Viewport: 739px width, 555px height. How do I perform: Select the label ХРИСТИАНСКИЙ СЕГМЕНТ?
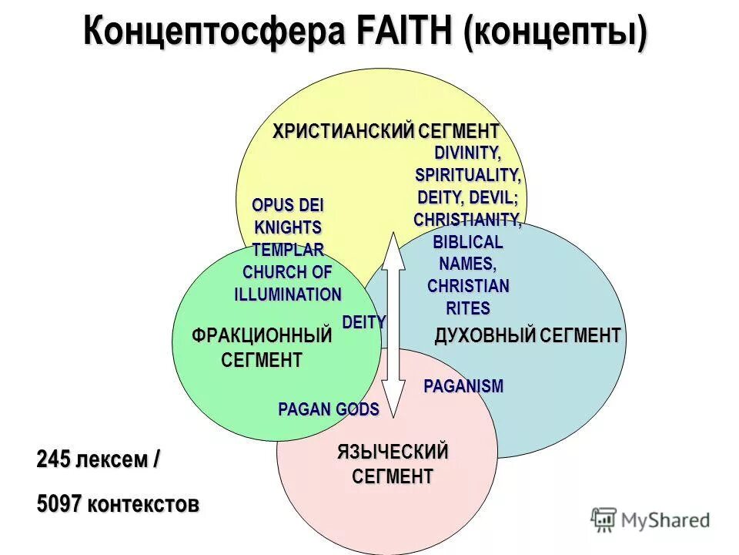[386, 131]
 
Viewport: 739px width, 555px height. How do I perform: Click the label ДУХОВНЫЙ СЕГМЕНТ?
[527, 335]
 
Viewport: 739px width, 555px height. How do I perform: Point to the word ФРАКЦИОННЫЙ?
[262, 335]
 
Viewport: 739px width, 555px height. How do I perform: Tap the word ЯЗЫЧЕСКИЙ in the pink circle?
[393, 451]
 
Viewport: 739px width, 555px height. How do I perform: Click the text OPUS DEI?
[288, 207]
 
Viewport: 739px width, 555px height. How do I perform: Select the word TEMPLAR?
[288, 250]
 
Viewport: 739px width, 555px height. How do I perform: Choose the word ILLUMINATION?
[288, 294]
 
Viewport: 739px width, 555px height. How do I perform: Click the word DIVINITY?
[467, 153]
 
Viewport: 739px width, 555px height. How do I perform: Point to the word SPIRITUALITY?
[467, 175]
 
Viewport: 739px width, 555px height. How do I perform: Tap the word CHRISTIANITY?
[467, 220]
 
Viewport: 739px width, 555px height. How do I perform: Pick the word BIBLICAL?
[467, 242]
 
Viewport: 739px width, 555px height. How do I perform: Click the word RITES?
[467, 309]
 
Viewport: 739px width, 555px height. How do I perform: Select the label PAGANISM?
[463, 386]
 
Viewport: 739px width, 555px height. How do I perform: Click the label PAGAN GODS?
[329, 409]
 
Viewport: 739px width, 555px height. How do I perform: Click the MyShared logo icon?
[604, 519]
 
